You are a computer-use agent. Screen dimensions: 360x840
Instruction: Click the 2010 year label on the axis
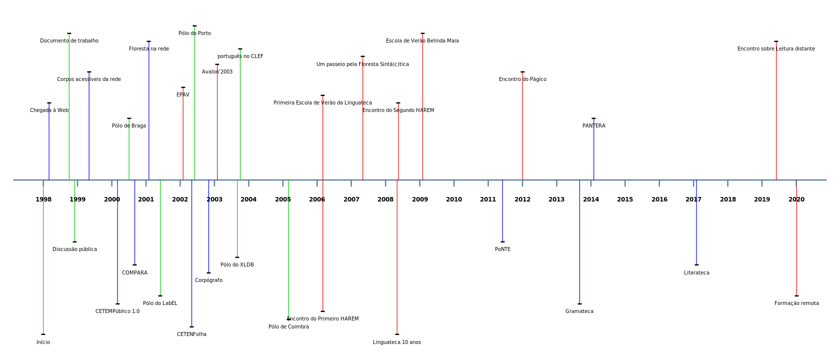454,199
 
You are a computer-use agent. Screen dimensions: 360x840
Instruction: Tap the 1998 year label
43,199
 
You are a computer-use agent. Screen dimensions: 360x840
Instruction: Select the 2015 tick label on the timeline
625,199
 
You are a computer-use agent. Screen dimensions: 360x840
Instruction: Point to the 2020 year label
796,199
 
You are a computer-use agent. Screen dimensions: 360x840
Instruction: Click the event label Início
43,342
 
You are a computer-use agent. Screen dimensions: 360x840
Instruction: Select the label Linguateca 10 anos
397,342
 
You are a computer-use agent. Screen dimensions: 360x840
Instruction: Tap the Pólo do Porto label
194,33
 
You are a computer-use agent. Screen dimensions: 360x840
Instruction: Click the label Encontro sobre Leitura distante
776,49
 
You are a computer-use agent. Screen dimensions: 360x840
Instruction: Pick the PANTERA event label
593,126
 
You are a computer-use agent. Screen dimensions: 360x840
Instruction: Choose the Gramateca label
579,311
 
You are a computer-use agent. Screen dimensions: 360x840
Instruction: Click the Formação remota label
796,303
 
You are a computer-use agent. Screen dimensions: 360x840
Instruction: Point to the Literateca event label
696,273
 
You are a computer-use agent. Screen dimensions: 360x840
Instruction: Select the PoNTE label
502,249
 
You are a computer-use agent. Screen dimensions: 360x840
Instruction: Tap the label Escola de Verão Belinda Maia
422,41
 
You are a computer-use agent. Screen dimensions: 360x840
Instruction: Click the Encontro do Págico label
522,79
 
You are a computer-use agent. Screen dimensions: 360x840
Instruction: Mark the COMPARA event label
134,273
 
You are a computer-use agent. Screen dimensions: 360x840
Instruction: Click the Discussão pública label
74,249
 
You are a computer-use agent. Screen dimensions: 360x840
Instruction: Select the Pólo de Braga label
129,126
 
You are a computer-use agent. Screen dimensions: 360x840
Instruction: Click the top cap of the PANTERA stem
593,118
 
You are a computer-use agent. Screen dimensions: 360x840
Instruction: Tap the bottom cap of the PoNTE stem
502,242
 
